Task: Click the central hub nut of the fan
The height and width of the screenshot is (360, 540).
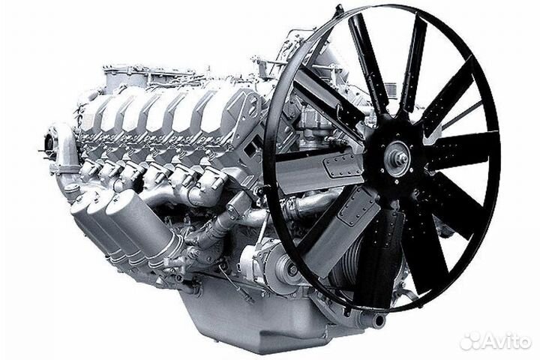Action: (400, 160)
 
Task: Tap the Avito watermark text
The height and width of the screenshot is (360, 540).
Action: (506, 341)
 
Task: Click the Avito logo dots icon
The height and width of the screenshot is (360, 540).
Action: (469, 341)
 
